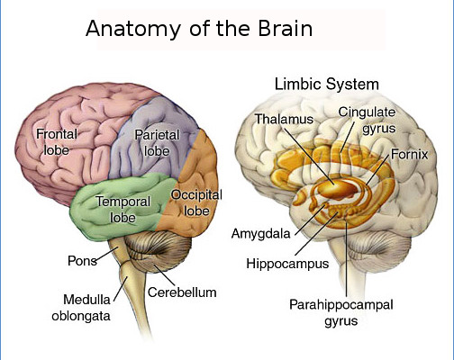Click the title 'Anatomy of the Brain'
(x=199, y=29)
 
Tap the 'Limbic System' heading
(x=327, y=84)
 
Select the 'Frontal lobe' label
(x=57, y=142)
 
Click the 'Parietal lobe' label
(x=157, y=143)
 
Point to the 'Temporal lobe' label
(x=123, y=210)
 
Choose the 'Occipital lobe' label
(x=196, y=202)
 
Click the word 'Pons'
(x=82, y=261)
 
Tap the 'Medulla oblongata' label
(x=81, y=308)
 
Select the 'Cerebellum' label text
(x=182, y=292)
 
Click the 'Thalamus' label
(x=284, y=119)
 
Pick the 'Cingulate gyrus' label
(x=367, y=121)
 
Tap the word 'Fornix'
(x=409, y=155)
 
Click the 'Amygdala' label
(x=261, y=234)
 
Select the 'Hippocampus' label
(x=287, y=264)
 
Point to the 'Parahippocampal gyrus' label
(x=341, y=312)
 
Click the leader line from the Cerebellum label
(x=165, y=275)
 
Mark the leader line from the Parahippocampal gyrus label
(x=347, y=259)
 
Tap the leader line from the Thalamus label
(x=309, y=156)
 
